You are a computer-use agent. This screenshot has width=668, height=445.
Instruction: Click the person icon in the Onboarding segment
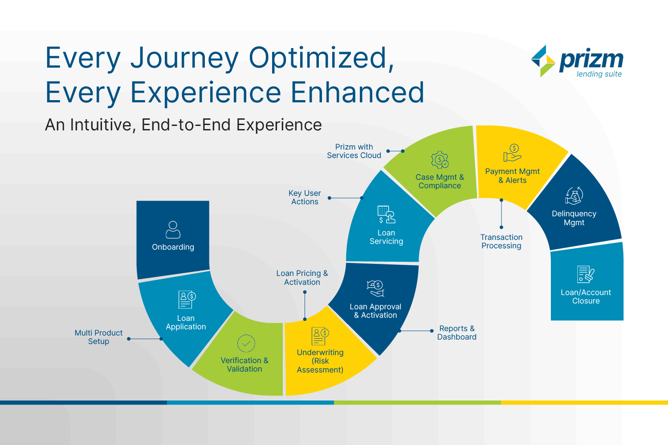coord(173,230)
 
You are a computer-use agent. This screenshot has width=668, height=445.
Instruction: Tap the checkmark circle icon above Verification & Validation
coord(246,344)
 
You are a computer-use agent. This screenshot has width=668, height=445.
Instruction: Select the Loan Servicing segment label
coord(386,237)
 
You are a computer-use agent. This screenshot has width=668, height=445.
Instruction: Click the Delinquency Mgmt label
coord(574,218)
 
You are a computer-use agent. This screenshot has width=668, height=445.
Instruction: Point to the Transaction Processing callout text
coord(501,242)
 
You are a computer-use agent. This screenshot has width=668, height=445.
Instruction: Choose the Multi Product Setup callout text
coord(98,337)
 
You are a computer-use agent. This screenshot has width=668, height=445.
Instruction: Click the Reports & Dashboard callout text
coord(456,332)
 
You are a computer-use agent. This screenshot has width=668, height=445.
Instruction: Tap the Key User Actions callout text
coord(305,197)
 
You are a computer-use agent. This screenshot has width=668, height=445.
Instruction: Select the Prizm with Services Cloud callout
coord(354,151)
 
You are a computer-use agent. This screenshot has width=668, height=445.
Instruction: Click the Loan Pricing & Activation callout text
coord(302,278)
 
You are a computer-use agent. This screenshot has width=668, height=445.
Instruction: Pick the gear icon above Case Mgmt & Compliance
coord(440,160)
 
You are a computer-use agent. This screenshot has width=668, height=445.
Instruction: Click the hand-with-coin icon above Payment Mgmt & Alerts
coord(512,153)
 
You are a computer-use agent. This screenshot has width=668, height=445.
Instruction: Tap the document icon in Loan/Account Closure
coord(586,274)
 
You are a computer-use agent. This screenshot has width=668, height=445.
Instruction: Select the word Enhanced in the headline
coord(357,93)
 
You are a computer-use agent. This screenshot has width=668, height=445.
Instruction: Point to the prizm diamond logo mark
coord(543,61)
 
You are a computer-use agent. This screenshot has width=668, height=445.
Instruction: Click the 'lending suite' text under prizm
coord(599,74)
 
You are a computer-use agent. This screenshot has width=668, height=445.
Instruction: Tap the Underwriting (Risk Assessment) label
coord(320,361)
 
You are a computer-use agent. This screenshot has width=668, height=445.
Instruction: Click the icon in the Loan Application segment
coord(187,299)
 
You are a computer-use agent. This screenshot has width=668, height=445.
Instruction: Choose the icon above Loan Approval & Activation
coord(375,288)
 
